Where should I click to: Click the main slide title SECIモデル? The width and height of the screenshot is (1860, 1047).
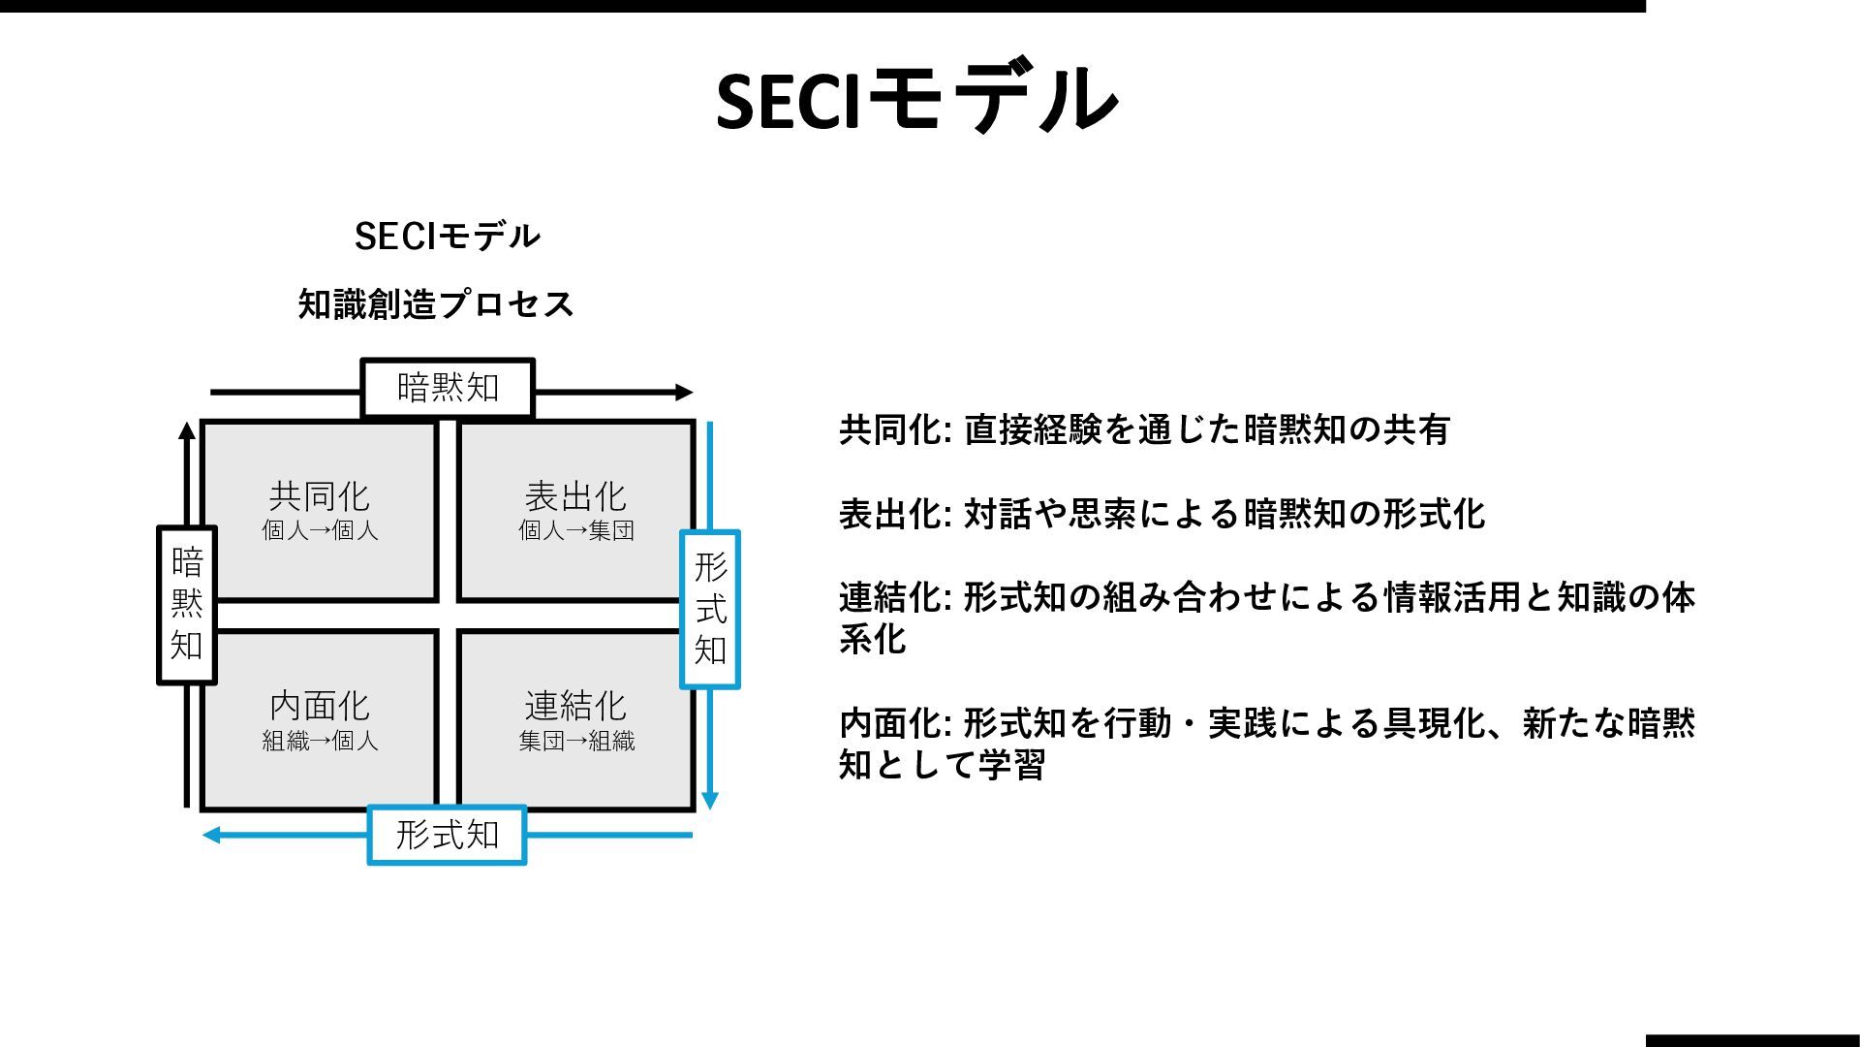coord(916,98)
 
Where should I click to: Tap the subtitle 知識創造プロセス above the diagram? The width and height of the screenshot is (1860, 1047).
coord(436,304)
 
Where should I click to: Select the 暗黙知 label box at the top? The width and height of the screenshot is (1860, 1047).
coord(448,388)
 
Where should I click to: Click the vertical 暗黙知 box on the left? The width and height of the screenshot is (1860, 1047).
coord(186,605)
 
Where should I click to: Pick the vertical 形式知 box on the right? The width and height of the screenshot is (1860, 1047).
coord(710,609)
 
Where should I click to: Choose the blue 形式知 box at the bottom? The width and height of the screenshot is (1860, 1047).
coord(447,835)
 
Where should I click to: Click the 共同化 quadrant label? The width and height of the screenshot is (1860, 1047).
coord(319,496)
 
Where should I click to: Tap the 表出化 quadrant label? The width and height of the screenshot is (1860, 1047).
coord(575,496)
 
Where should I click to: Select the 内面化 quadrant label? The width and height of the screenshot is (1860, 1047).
coord(319,706)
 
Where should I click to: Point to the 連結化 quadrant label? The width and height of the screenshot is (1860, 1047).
coord(575,706)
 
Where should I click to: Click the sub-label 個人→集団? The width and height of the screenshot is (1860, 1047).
coord(575,531)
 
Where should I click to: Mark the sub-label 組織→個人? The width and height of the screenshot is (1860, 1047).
coord(320,742)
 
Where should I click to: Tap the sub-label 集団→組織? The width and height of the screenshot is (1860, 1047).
coord(576,742)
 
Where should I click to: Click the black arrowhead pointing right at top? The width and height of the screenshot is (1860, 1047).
coord(684,393)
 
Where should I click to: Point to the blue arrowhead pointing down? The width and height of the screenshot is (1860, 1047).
coord(710,801)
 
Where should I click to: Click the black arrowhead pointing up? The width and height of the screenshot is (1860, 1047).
coord(187,431)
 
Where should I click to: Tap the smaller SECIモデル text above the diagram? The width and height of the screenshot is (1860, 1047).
coord(447,236)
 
